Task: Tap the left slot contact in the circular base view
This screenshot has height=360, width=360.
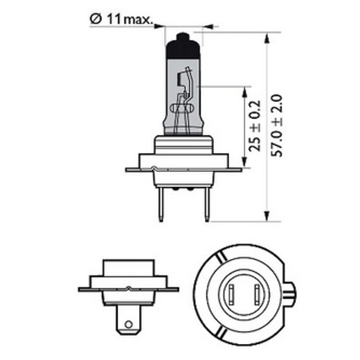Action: pos(230,296)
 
